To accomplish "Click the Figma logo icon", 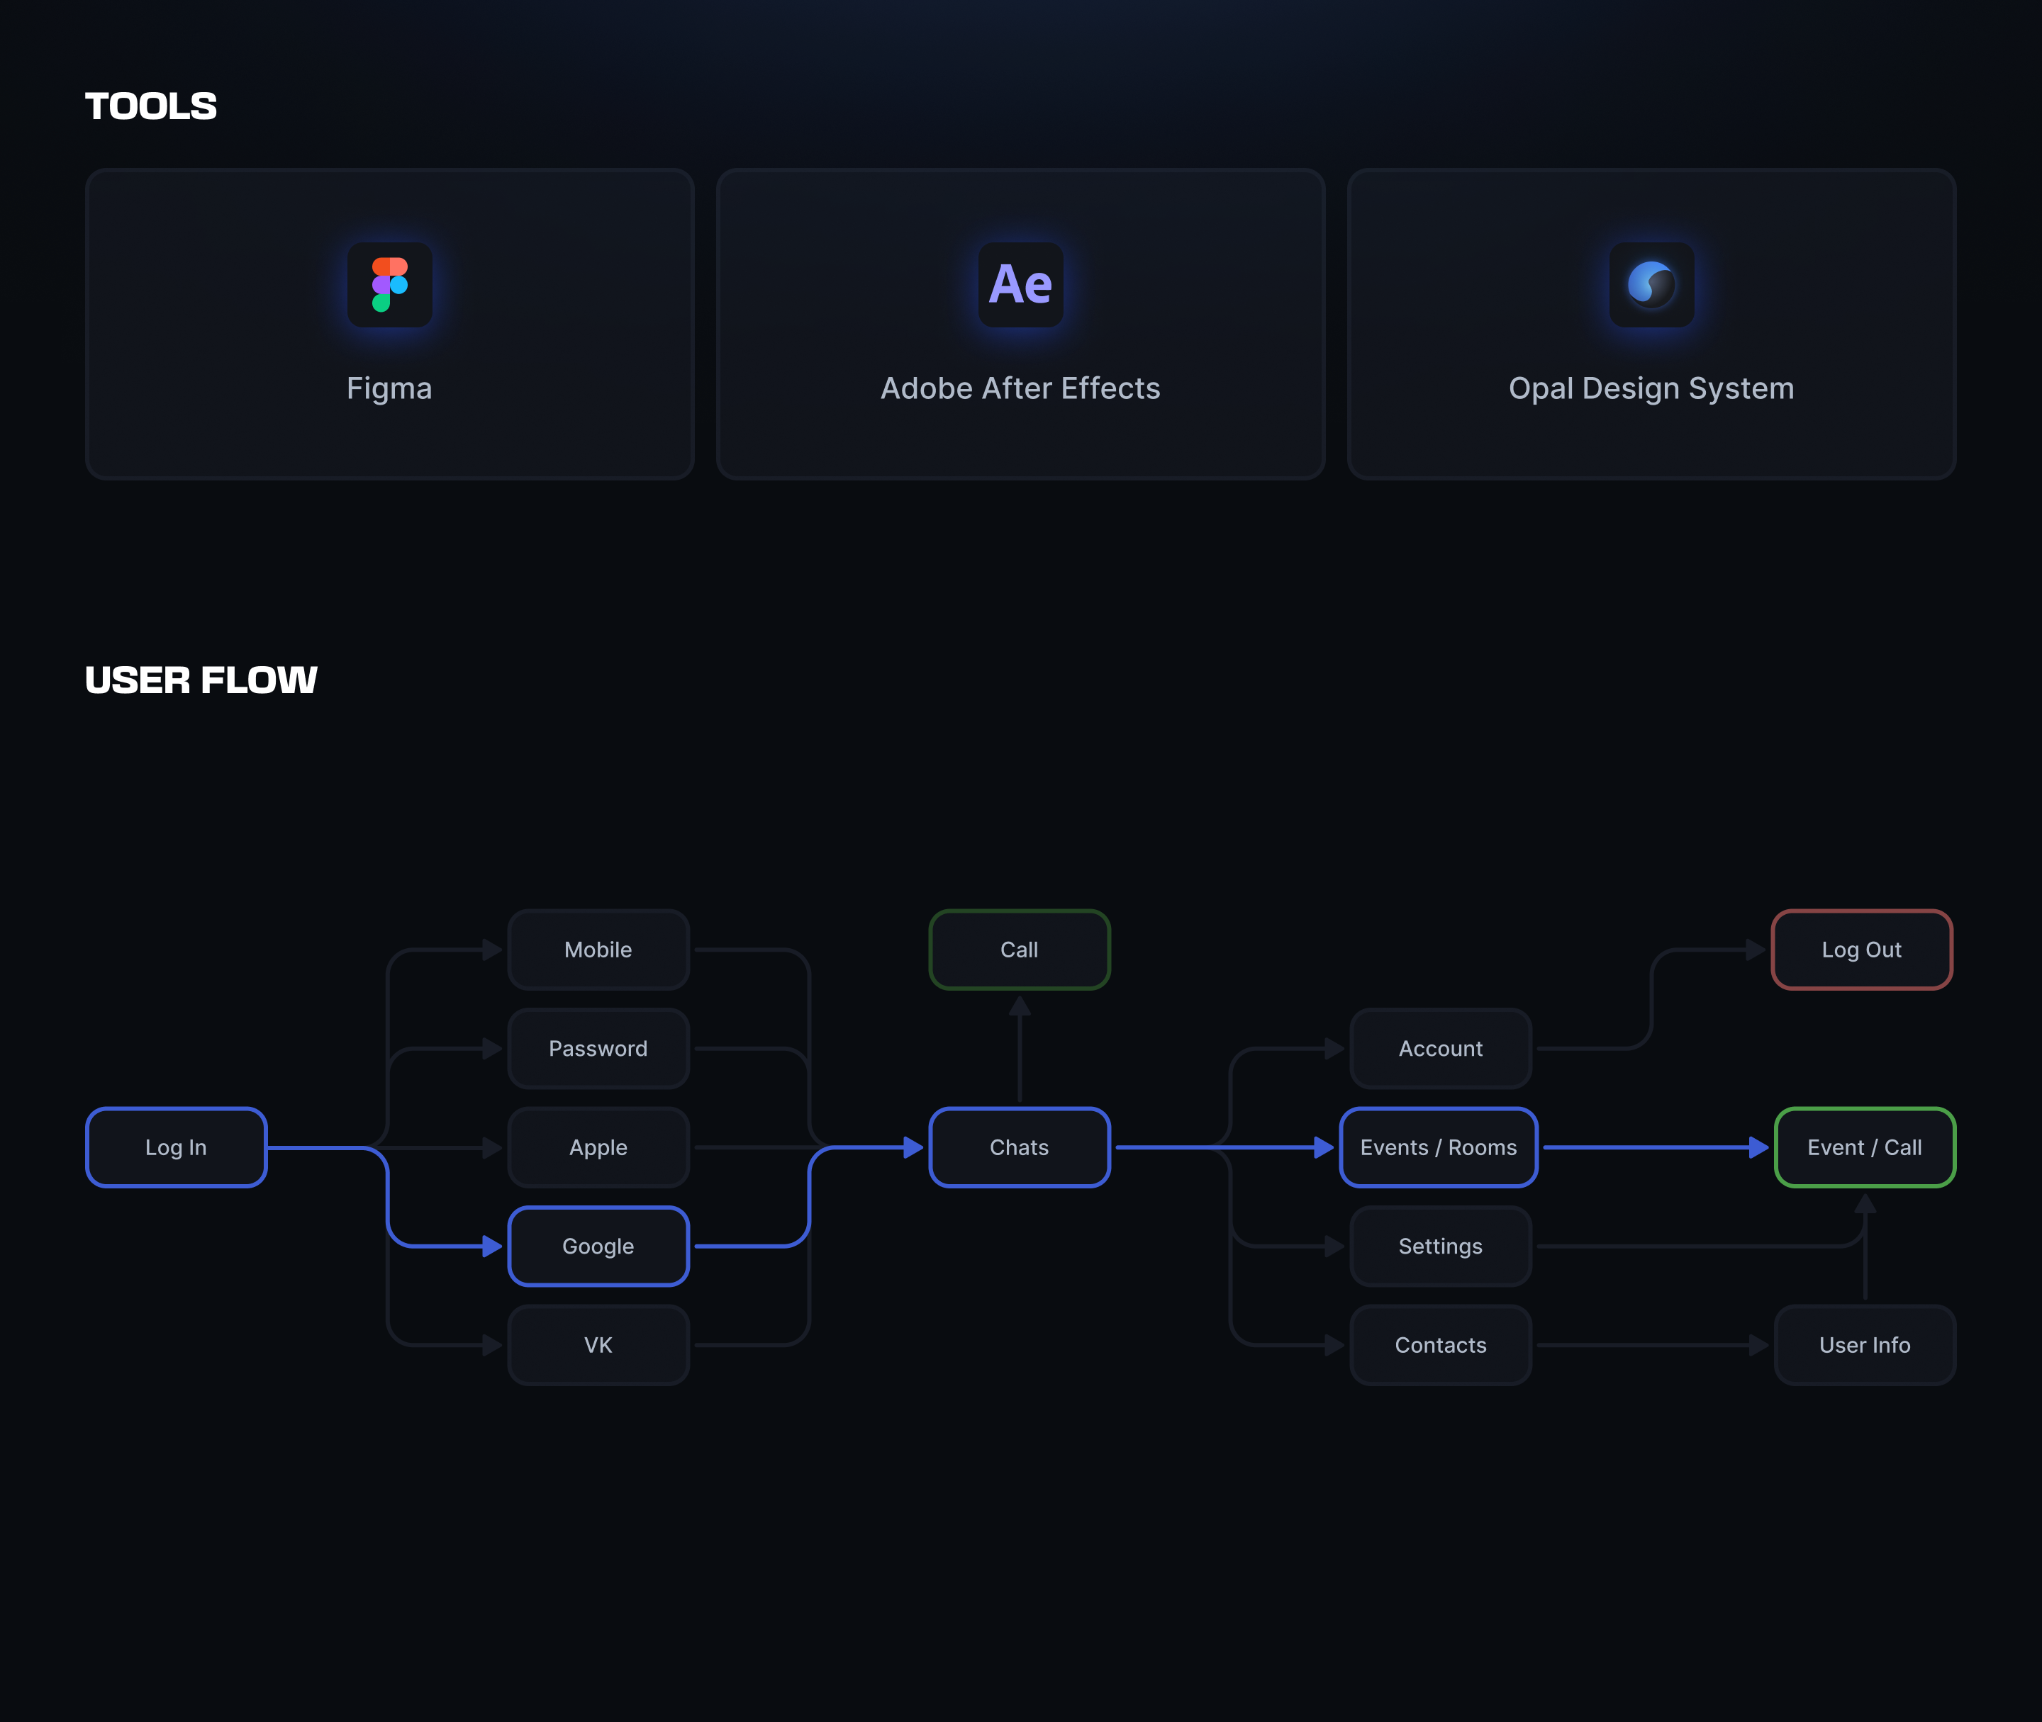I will (390, 284).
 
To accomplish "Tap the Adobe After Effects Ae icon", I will (1020, 284).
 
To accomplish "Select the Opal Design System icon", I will (1651, 284).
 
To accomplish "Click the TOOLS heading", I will (151, 106).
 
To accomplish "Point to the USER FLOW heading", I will (201, 680).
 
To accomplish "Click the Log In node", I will (177, 1147).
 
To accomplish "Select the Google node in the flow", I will (598, 1246).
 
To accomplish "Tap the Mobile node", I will (598, 950).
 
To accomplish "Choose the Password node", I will (598, 1048).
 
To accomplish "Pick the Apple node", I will (598, 1147).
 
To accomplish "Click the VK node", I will (598, 1344).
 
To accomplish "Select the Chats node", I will (1020, 1147).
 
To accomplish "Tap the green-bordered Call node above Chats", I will (1020, 950).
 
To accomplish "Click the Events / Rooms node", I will (1439, 1147).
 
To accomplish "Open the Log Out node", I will (1861, 950).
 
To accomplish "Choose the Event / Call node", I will (1864, 1147).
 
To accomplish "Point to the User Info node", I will (1864, 1344).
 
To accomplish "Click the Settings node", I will (1441, 1246).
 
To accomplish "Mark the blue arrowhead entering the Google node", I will (492, 1246).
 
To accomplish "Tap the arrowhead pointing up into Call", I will (1020, 1006).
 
